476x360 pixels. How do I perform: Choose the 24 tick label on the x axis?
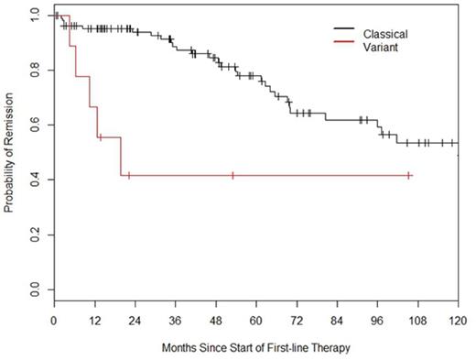(x=135, y=321)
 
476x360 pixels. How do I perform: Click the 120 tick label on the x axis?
(x=459, y=321)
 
